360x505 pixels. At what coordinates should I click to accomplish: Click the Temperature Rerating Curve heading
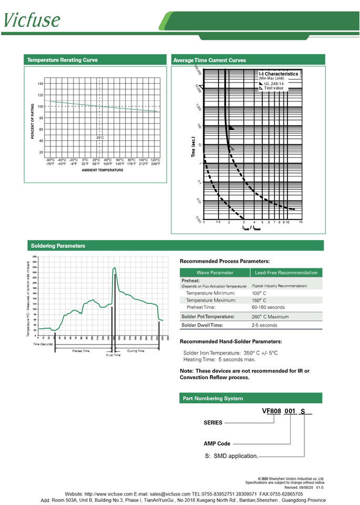tap(62, 60)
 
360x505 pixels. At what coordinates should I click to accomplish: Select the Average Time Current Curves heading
tap(209, 60)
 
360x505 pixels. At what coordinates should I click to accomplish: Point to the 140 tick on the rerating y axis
tap(40, 84)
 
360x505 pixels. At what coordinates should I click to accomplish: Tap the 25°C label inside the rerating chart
tap(100, 138)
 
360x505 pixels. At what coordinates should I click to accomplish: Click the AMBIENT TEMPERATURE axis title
tap(102, 170)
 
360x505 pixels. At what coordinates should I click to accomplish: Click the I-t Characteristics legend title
tap(279, 74)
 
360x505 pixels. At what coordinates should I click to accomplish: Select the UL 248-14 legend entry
tap(273, 84)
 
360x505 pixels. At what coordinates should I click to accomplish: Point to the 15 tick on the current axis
tap(301, 222)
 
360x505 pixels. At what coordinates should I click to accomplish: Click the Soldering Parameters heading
tap(58, 246)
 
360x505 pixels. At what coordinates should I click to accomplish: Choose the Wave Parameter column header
tap(214, 272)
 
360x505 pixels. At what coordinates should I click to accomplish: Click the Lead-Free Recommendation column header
tap(286, 272)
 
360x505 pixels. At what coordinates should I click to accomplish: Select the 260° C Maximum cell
tap(270, 317)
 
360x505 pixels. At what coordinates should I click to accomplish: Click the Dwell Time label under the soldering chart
tap(113, 355)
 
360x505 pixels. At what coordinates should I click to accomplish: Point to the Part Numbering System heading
tap(213, 398)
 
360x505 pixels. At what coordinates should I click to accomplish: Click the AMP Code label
tap(217, 443)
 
